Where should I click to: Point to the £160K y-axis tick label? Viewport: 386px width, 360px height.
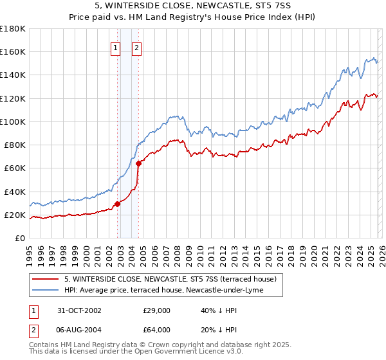[x=13, y=51]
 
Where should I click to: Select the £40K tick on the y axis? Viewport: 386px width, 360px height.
[x=15, y=192]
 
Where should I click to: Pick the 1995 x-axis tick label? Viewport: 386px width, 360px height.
[x=30, y=253]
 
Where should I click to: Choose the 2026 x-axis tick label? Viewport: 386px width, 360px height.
[x=380, y=253]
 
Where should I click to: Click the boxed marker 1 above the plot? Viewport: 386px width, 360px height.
[x=115, y=47]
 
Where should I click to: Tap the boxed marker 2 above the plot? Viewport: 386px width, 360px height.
[x=137, y=47]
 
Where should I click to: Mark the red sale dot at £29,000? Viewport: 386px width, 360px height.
[x=118, y=204]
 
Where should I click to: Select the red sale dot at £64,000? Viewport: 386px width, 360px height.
[x=138, y=163]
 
